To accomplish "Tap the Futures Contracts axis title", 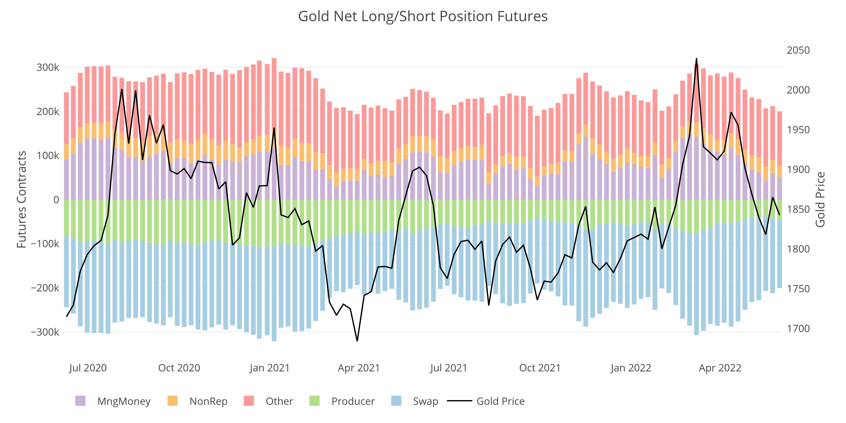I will (22, 199).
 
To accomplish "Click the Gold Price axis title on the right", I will (820, 199).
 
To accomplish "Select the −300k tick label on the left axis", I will (45, 332).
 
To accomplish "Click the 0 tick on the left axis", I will (56, 200).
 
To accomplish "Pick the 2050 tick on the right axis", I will (798, 50).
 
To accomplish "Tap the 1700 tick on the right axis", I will (798, 328).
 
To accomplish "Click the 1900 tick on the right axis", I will (798, 169).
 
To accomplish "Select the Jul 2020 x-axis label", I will (88, 368).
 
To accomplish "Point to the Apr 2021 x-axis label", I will (359, 368).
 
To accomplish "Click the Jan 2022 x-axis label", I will (630, 368).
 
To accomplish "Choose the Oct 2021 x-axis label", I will (540, 368).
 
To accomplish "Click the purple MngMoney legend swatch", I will (80, 401).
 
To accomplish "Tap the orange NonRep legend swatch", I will (172, 401).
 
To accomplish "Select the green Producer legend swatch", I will (314, 401).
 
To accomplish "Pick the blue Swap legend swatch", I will (396, 401).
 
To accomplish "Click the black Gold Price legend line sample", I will (459, 401).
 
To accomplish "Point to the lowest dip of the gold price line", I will (357, 341).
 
